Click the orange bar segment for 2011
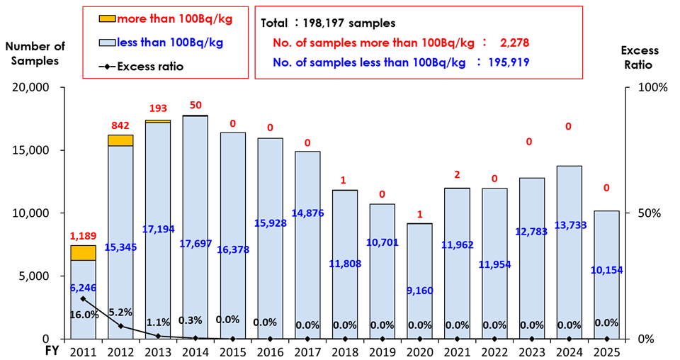point(83,253)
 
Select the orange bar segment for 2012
point(120,140)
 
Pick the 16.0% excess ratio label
point(84,315)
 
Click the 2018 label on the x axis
point(345,351)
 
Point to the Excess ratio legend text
point(146,67)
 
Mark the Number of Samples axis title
point(35,53)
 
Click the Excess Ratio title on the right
point(640,57)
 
